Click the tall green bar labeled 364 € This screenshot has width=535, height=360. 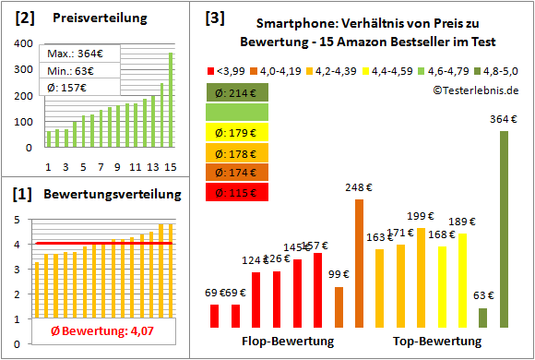[x=504, y=229]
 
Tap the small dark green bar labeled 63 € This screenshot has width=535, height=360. [x=482, y=318]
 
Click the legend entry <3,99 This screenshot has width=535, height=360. [x=226, y=69]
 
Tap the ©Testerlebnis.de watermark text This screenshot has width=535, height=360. [x=474, y=90]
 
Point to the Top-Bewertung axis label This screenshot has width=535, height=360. [x=437, y=342]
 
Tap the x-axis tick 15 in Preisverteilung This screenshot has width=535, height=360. [x=170, y=166]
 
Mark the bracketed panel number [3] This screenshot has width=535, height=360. [x=215, y=17]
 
